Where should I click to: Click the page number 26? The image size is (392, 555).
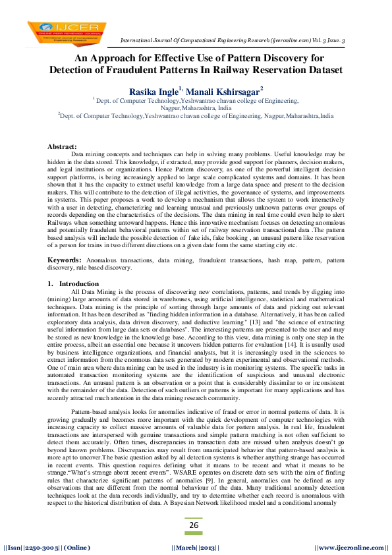pos(194,525)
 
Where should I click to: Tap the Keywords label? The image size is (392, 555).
pos(65,261)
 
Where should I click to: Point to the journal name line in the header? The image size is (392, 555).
pos(238,41)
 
